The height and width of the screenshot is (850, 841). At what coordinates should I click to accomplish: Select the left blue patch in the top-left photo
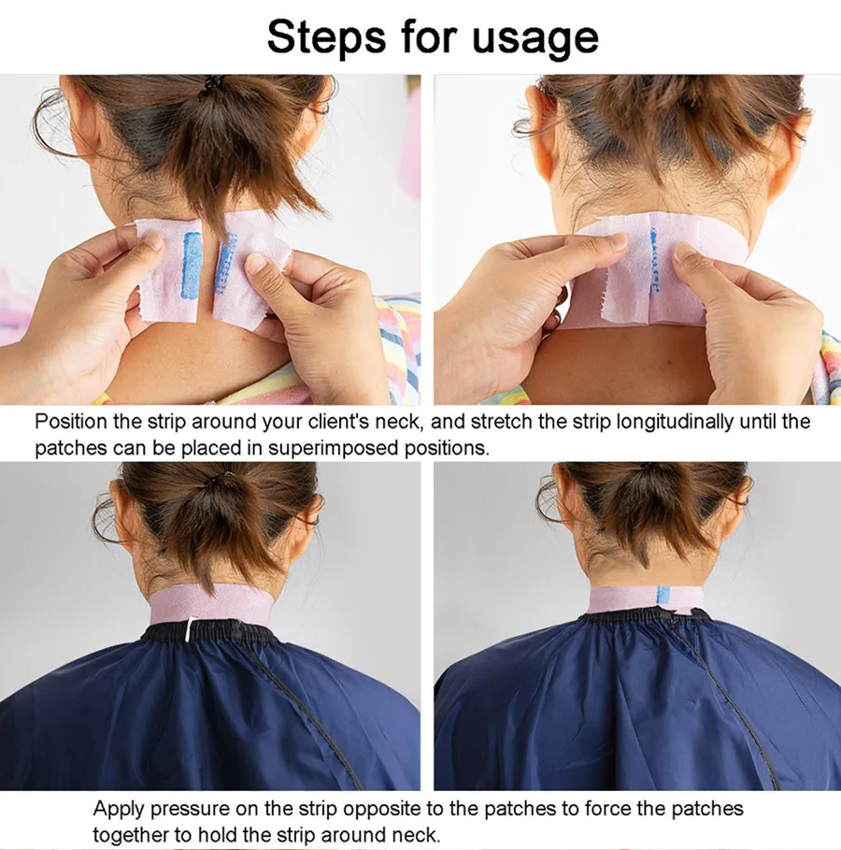tap(192, 265)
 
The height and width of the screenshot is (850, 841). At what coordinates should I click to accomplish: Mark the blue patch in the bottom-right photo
tap(663, 595)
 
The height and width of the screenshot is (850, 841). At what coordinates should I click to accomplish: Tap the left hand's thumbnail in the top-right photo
tap(613, 241)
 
